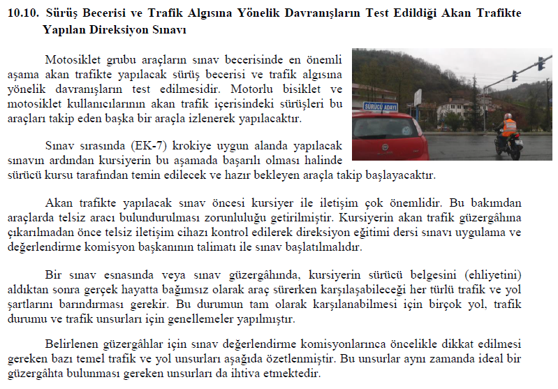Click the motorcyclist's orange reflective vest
click(x=509, y=127)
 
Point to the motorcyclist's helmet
click(x=508, y=116)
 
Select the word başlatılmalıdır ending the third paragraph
click(x=325, y=247)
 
